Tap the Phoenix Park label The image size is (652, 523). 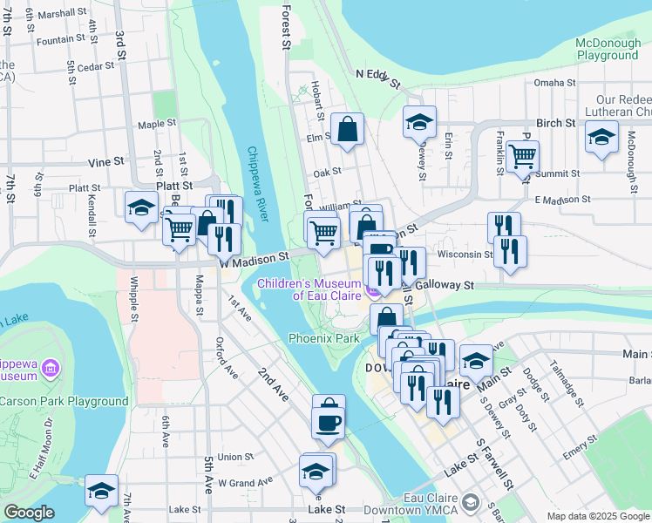[x=324, y=337]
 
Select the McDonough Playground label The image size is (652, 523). [x=608, y=49]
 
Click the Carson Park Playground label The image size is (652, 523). [x=65, y=401]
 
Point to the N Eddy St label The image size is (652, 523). [x=377, y=79]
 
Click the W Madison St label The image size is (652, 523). [x=255, y=259]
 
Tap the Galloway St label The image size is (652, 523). [x=444, y=285]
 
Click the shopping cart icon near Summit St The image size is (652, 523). [x=522, y=157]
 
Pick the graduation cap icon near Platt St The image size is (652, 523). [x=139, y=208]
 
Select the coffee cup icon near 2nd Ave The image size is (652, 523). [x=328, y=423]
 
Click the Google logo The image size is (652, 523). [x=29, y=513]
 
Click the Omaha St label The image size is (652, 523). [x=550, y=83]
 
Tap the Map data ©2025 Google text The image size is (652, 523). [x=597, y=516]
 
